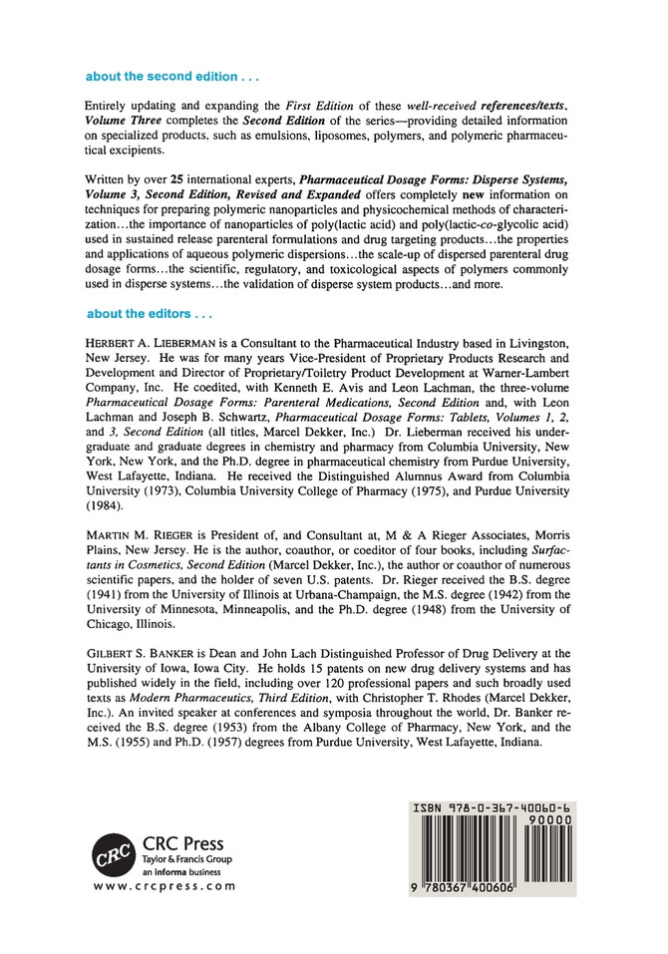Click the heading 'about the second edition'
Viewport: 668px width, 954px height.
[162, 76]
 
